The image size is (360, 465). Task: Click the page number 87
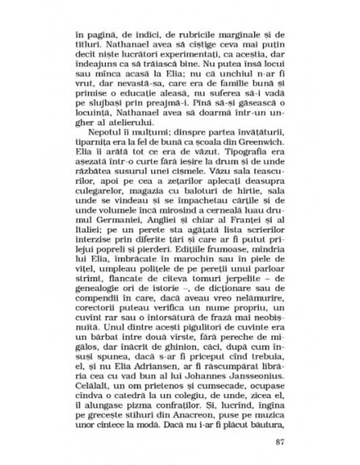coord(278,443)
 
